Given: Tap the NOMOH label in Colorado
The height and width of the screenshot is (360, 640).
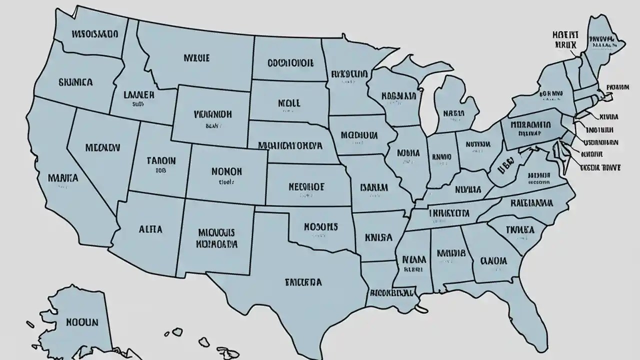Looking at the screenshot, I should (220, 171).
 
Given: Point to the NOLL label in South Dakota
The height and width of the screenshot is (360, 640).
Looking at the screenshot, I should (288, 103).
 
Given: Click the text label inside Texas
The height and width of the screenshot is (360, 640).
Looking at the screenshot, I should (303, 282).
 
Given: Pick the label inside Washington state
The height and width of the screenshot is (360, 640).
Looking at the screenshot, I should (94, 35).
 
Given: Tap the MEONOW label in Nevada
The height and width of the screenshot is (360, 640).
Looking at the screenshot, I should (102, 148).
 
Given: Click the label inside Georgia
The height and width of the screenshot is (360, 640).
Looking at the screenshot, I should (493, 261).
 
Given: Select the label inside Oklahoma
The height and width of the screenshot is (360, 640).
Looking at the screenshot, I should (321, 226).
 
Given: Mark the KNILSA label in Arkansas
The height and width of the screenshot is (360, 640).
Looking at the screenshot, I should (378, 237).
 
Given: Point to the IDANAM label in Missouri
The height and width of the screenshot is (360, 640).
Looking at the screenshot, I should (373, 188).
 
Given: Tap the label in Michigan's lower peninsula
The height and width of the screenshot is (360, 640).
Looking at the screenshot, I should (453, 113).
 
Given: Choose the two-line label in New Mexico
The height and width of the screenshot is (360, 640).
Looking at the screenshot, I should (216, 238).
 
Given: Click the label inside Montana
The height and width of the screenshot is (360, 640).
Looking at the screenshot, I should (196, 58).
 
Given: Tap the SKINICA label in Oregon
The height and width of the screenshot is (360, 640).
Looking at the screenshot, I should (75, 81).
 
